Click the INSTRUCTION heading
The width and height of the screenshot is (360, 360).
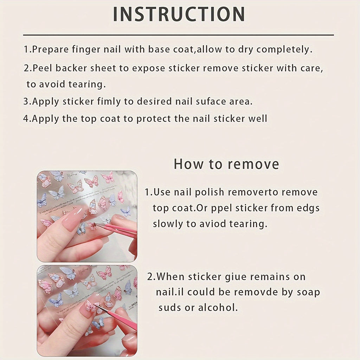(179, 14)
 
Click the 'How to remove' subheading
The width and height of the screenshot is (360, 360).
(226, 164)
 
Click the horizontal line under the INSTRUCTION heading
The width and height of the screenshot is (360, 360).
(178, 35)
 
